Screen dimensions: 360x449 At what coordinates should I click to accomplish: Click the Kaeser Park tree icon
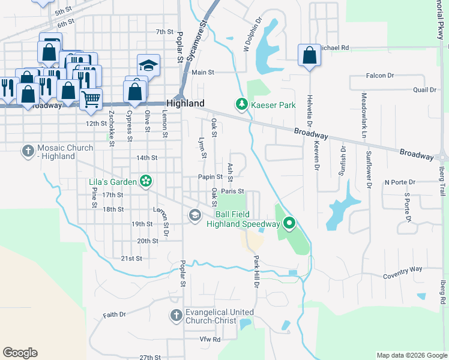click(241, 105)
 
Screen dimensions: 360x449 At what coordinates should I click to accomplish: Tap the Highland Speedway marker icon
click(289, 224)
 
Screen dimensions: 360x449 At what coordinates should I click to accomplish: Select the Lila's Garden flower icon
click(145, 181)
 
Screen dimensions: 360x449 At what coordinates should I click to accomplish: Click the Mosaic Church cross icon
click(28, 152)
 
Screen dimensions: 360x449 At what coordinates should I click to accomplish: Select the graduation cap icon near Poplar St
click(148, 65)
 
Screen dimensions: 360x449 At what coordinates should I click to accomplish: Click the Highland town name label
click(185, 103)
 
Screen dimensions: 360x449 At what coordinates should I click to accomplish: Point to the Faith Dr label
click(114, 314)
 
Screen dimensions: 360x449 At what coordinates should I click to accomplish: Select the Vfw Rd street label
click(210, 339)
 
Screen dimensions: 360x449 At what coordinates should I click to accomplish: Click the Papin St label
click(211, 177)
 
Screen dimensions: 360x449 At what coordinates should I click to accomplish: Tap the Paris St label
click(232, 191)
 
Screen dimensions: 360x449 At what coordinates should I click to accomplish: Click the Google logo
click(20, 353)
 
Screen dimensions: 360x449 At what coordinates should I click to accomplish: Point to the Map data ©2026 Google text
click(411, 355)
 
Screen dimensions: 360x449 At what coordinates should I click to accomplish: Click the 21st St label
click(131, 259)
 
